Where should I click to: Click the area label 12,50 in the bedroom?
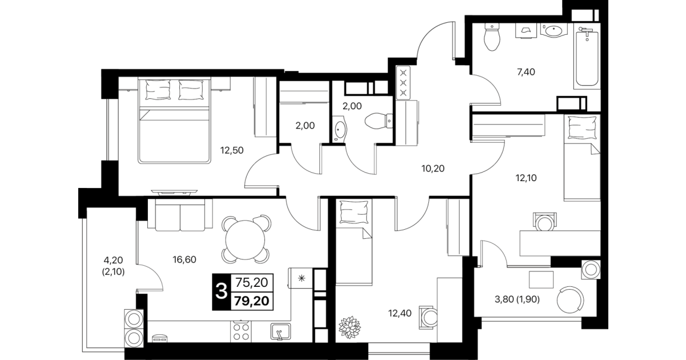tap(232, 150)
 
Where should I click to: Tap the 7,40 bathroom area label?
tap(526, 72)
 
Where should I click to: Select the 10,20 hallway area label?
tap(433, 169)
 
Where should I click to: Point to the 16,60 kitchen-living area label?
tap(184, 260)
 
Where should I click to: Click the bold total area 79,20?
tap(252, 301)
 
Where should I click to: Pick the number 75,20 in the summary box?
tap(252, 282)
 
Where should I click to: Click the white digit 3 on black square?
tap(222, 291)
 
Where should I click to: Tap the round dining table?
tap(245, 240)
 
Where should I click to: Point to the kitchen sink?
tap(280, 332)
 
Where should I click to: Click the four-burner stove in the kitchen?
tap(240, 332)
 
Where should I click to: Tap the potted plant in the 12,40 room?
tap(350, 327)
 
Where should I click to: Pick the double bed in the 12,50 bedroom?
tap(174, 120)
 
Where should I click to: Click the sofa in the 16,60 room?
tap(180, 215)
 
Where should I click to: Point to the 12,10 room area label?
tap(526, 178)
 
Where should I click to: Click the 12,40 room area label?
tap(400, 314)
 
